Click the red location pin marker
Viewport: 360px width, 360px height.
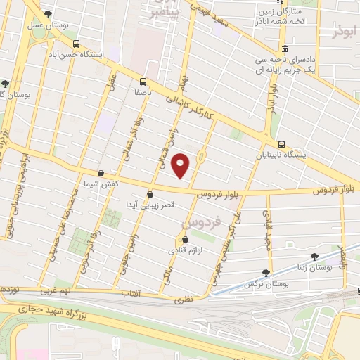pyautogui.click(x=181, y=165)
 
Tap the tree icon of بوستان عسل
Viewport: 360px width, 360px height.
pyautogui.click(x=47, y=15)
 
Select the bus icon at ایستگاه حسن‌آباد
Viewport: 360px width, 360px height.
pyautogui.click(x=76, y=43)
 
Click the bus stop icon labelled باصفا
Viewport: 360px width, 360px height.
pyautogui.click(x=143, y=82)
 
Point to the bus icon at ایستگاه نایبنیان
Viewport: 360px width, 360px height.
pyautogui.click(x=281, y=144)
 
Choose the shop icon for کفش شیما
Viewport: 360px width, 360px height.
pyautogui.click(x=101, y=173)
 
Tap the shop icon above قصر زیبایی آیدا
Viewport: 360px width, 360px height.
pyautogui.click(x=149, y=195)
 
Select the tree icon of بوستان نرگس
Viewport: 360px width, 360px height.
pyautogui.click(x=266, y=273)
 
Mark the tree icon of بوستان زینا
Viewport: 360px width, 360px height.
pyautogui.click(x=314, y=257)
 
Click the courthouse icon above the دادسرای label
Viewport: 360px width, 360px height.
pyautogui.click(x=284, y=49)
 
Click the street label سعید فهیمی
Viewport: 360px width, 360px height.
pyautogui.click(x=214, y=17)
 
